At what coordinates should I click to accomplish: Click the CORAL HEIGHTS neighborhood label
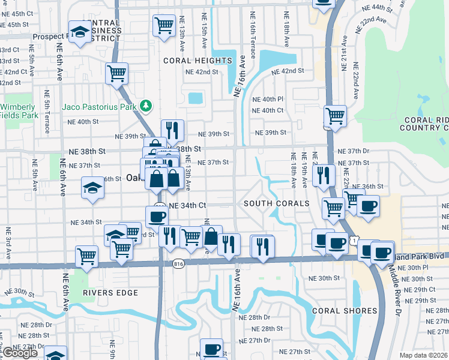click(x=197, y=61)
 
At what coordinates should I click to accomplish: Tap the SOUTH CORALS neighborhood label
click(x=276, y=203)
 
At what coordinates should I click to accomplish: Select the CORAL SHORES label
click(x=345, y=310)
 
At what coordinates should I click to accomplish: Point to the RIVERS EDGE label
click(x=110, y=293)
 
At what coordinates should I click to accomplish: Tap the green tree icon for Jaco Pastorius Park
click(x=145, y=106)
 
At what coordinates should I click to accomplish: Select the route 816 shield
click(x=178, y=264)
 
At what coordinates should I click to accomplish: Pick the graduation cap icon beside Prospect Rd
click(x=79, y=32)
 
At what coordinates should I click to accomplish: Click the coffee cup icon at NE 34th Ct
click(x=157, y=217)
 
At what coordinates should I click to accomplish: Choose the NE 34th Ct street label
click(x=188, y=205)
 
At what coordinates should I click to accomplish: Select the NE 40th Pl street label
click(x=267, y=99)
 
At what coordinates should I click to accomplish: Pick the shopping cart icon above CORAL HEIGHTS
click(x=164, y=25)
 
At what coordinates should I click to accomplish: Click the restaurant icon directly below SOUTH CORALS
click(x=262, y=246)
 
